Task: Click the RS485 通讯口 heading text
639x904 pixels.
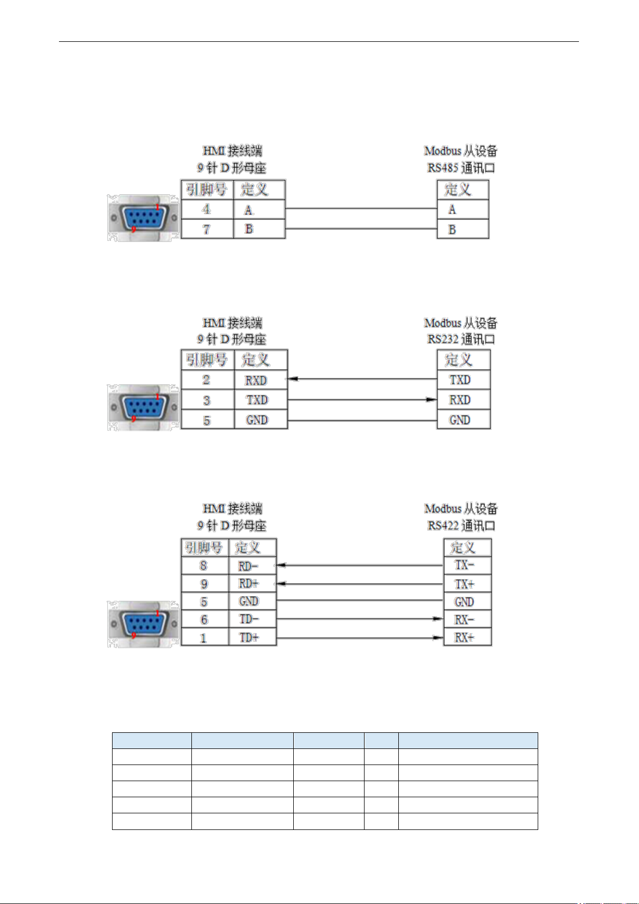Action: point(461,167)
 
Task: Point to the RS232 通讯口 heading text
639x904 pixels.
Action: point(461,339)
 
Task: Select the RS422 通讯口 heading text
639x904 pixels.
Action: point(461,525)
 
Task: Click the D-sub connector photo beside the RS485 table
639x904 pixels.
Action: point(143,218)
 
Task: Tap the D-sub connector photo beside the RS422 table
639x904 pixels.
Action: point(143,624)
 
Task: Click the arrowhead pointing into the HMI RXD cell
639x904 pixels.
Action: point(293,379)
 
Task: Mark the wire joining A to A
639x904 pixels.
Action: point(361,209)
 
